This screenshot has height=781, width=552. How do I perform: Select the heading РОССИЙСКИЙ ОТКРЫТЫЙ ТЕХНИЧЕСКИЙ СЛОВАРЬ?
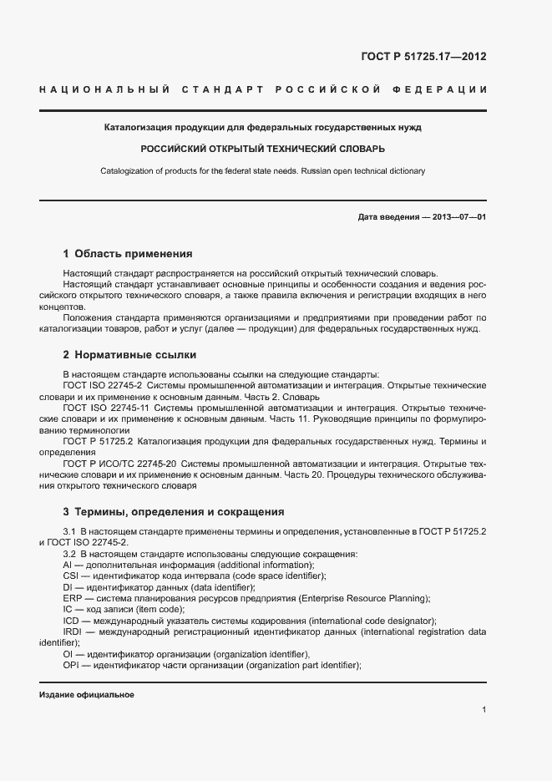click(x=262, y=150)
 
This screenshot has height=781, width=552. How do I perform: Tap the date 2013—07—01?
click(x=458, y=217)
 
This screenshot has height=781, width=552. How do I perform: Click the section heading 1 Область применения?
click(x=128, y=253)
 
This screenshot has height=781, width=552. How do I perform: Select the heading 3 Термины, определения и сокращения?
click(x=174, y=511)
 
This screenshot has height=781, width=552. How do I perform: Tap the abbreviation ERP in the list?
click(x=72, y=598)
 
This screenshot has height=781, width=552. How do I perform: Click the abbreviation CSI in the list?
click(x=72, y=576)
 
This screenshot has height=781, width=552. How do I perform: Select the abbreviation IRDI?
click(x=73, y=631)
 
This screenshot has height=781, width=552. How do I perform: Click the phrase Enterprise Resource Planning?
click(x=368, y=598)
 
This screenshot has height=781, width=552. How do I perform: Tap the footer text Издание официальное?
click(x=86, y=695)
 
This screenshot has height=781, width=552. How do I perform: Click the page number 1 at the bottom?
click(x=484, y=710)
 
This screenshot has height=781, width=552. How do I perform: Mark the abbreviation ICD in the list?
click(x=72, y=621)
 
